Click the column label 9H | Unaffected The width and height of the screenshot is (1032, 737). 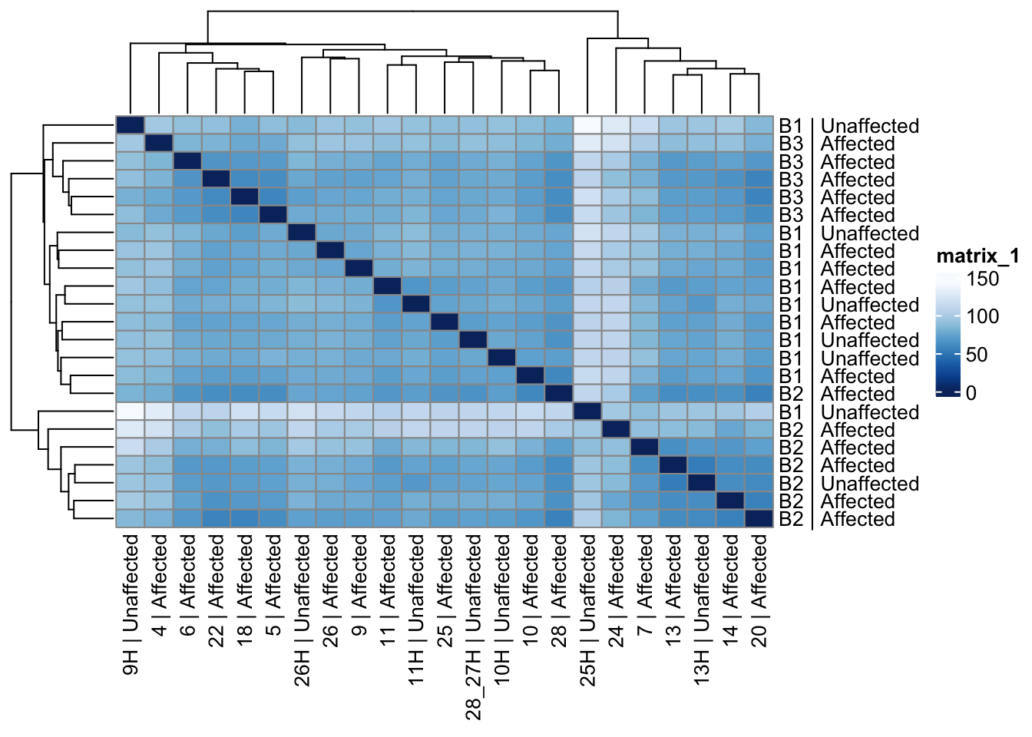131,605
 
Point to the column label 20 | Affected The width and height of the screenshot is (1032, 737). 759,590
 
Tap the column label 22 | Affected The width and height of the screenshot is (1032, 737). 217,590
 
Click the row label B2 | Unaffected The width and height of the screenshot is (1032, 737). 848,484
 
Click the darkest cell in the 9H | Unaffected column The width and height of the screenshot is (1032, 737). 131,126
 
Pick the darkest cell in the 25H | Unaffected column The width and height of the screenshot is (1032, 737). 588,411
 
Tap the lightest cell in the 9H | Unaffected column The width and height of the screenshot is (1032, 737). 131,411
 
